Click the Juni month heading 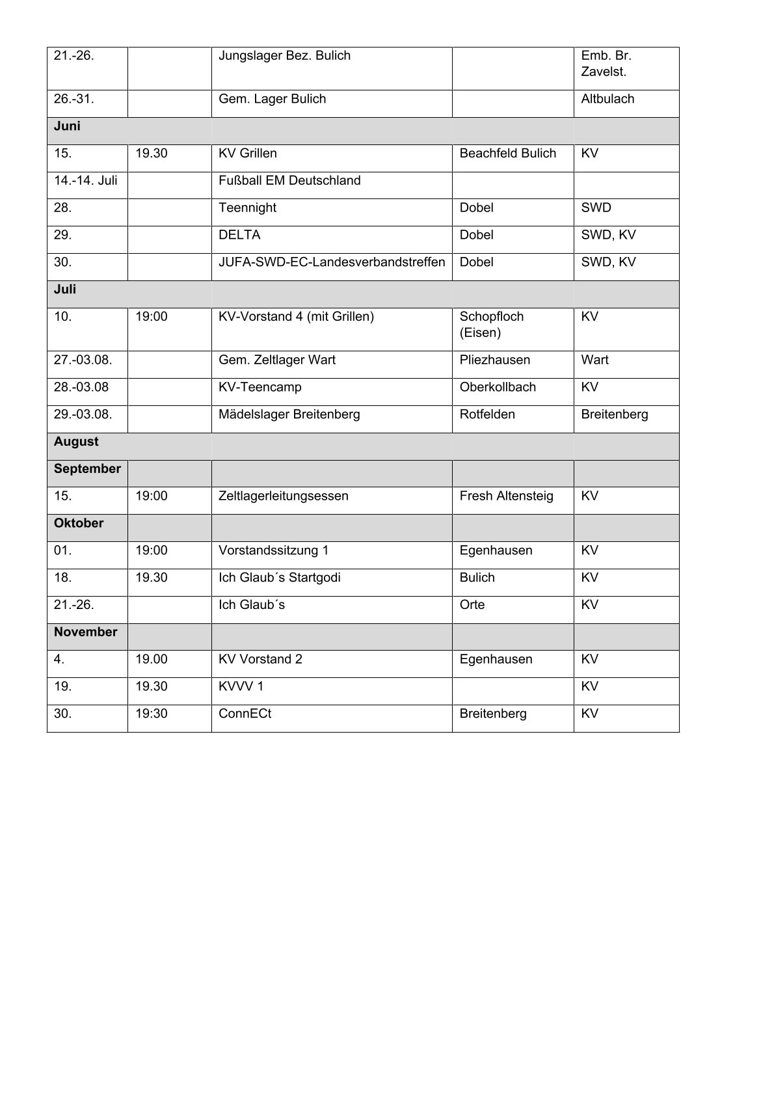68,126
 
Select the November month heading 86,632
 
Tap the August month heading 76,441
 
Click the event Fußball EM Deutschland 289,180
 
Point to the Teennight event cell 247,208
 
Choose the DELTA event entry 239,235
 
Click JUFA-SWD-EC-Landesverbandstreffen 332,262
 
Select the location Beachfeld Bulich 507,154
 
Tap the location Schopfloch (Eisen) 491,325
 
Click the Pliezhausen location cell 494,360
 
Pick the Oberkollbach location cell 498,387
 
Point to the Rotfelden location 487,414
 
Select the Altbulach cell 607,99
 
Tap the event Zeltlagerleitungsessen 284,496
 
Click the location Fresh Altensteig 506,496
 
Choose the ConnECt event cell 245,714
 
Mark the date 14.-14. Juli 86,180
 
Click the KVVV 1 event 241,686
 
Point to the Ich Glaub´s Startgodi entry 280,578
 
